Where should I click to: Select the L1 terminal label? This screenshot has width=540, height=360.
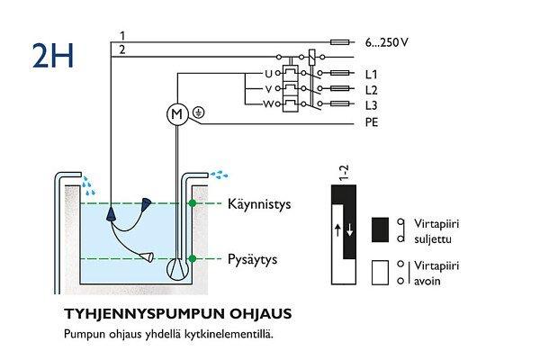(x=372, y=73)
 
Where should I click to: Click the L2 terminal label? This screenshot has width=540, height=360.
(x=372, y=89)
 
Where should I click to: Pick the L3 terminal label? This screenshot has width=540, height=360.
(x=372, y=105)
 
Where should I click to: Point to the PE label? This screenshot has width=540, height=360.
(x=372, y=121)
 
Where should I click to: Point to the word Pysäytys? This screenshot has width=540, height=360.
(x=251, y=260)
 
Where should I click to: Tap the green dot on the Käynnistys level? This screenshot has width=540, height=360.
(x=192, y=205)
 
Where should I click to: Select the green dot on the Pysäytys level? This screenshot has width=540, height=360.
(x=192, y=259)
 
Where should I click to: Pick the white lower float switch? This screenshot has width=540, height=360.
(x=143, y=258)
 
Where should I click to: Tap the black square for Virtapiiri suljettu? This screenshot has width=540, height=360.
(x=380, y=229)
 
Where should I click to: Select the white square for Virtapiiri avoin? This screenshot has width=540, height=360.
(x=380, y=272)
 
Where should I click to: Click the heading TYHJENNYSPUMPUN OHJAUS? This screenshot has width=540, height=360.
(x=177, y=315)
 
